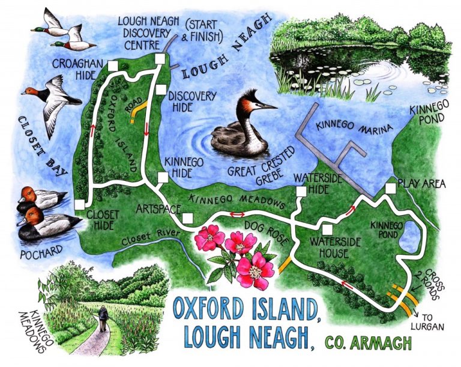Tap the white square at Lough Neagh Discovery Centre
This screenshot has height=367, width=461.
click(x=160, y=58)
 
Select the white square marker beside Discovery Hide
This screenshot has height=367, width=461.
click(x=161, y=89)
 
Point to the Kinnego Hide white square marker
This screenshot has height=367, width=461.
click(x=161, y=177)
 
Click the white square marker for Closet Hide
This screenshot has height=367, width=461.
click(x=80, y=205)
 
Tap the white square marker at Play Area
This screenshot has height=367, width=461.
click(x=390, y=189)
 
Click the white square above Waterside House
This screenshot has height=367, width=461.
click(x=327, y=229)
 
